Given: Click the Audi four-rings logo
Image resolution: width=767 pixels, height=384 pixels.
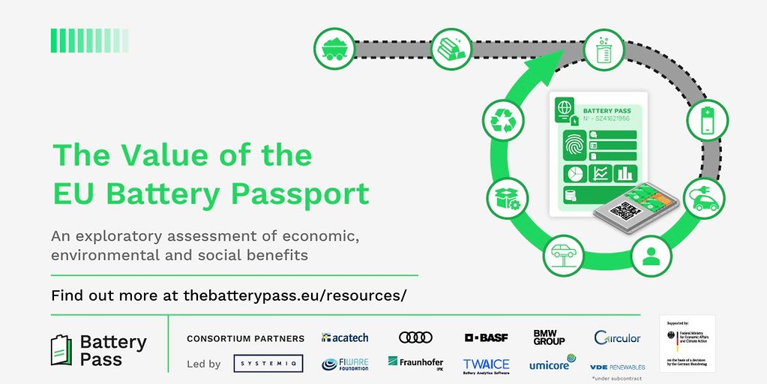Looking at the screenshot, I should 416,337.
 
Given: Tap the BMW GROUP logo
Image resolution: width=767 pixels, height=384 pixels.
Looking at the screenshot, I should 549,337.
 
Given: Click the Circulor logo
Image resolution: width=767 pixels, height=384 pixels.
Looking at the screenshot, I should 617,337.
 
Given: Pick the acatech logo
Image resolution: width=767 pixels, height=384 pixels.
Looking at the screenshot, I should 344,337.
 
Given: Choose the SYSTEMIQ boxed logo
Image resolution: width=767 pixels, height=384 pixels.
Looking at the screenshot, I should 268,364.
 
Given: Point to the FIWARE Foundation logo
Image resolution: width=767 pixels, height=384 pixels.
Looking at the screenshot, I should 345,364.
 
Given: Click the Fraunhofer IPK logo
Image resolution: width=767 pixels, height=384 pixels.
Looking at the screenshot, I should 415,364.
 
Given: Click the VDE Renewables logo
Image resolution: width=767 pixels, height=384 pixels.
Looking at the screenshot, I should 617,367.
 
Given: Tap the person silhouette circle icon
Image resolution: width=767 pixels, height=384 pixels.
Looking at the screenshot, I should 651,256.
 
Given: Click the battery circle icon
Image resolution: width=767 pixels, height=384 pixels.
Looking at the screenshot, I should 707,120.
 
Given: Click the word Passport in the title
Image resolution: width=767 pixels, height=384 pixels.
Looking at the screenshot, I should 300,193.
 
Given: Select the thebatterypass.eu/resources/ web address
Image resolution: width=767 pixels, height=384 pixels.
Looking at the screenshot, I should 295,295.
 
